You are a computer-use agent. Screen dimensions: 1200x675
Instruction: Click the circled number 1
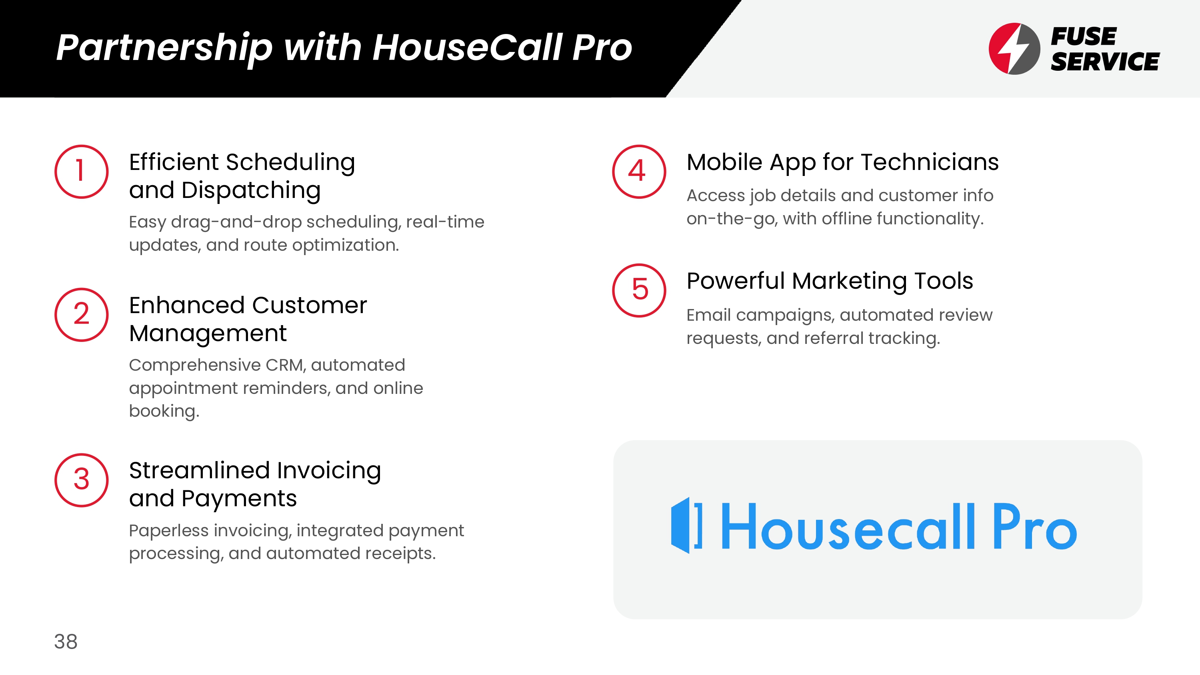[82, 172]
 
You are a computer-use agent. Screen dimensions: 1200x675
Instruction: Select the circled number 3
[82, 480]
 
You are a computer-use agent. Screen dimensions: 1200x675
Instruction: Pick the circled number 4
[639, 172]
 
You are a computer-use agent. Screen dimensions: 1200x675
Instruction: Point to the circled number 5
[639, 290]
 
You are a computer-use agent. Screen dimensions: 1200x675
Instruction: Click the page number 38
[66, 641]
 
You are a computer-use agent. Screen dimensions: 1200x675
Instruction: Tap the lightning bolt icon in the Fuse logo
[1014, 48]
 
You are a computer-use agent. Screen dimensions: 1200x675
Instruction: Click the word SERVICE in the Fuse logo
[1105, 62]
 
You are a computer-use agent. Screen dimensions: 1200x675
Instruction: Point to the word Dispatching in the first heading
[251, 191]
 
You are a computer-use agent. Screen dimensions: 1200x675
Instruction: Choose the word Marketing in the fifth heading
[849, 282]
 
